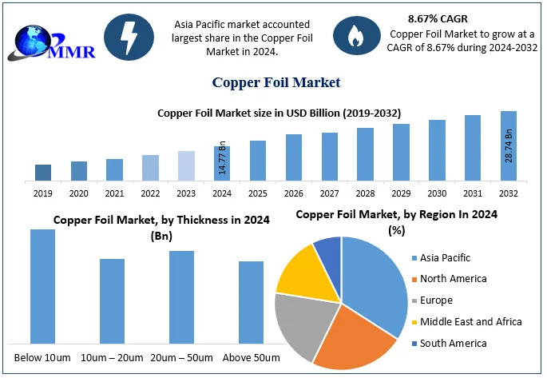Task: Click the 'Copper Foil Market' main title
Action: click(276, 82)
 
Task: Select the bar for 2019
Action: click(43, 173)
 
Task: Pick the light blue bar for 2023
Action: click(186, 166)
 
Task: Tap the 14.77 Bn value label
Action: click(222, 158)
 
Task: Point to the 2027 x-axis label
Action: click(330, 193)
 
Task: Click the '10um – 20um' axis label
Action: click(113, 356)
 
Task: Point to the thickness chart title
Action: click(161, 227)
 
